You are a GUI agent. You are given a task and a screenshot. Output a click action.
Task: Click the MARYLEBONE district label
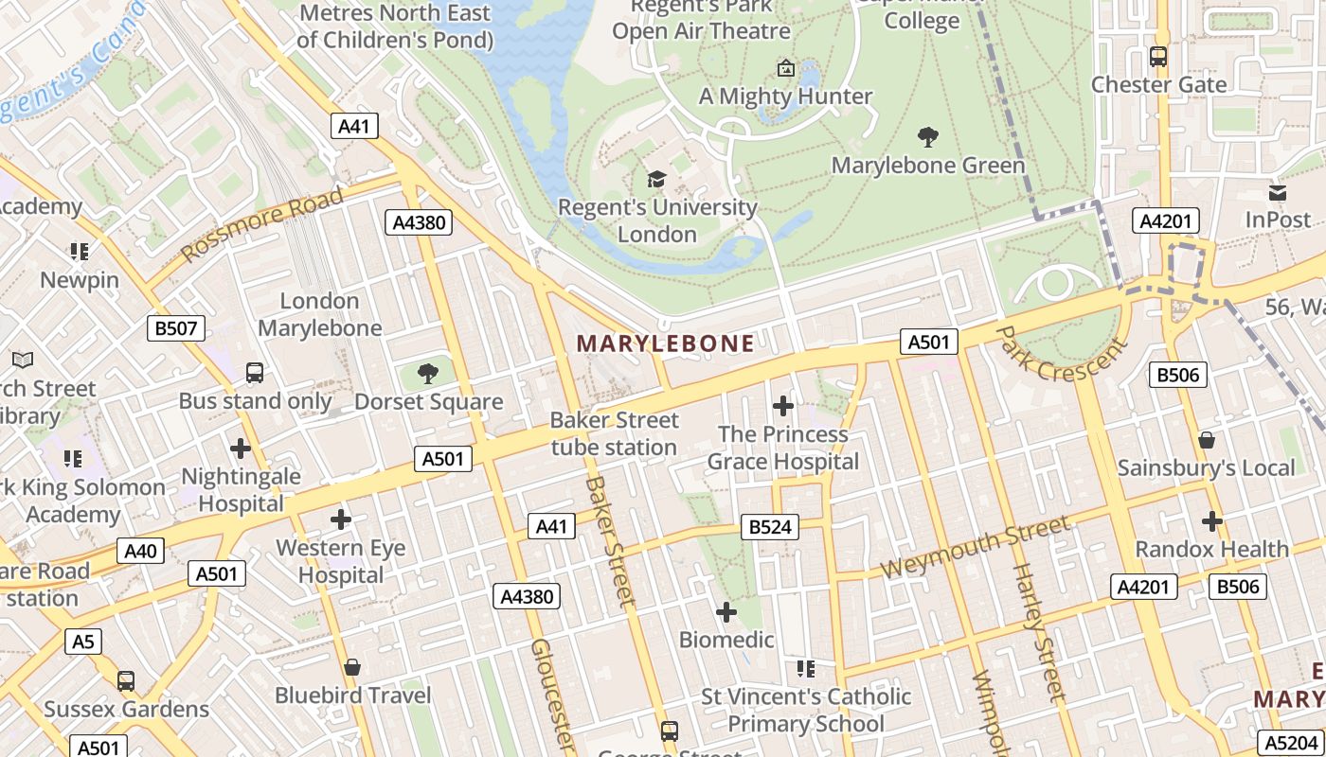pos(666,343)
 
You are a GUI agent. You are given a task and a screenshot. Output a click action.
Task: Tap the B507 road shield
pos(176,328)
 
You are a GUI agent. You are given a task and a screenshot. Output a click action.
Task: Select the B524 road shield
pos(769,527)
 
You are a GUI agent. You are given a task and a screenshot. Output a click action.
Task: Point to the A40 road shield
pos(141,551)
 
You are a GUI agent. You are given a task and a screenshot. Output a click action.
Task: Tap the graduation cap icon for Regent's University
pos(655,179)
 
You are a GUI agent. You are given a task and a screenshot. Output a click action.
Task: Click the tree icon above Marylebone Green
pos(928,137)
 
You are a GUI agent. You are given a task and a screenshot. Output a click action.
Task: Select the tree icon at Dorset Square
pos(428,374)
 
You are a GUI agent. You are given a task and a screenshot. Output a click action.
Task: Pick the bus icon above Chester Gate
pos(1158,57)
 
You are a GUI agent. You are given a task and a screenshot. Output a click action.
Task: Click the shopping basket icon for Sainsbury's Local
pos(1207,440)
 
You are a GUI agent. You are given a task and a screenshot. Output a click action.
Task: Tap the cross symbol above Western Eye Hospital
pos(341,519)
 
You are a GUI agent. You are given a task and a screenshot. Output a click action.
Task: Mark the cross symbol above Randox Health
pos(1212,520)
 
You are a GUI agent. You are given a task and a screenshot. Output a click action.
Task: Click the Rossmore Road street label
pos(262,224)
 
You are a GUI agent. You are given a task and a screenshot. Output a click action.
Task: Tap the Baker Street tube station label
pos(615,433)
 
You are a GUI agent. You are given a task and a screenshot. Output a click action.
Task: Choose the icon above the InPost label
pos(1278,193)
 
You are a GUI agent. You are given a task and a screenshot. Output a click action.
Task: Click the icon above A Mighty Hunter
pos(785,68)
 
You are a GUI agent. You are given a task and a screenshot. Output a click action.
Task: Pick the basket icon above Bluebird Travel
pos(352,667)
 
